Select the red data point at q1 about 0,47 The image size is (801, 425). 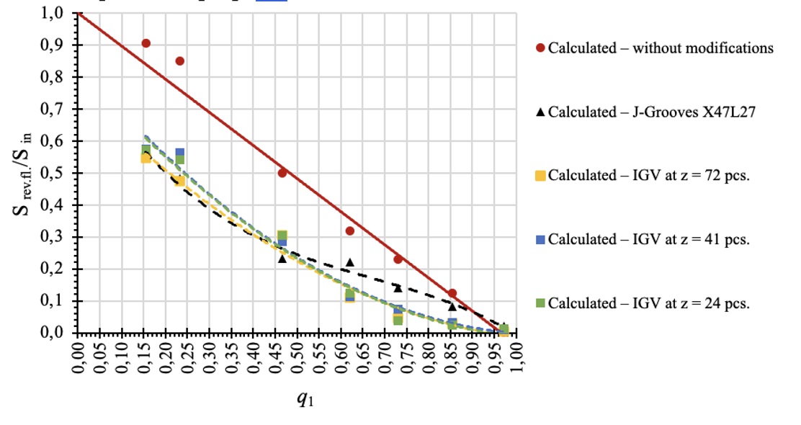282,173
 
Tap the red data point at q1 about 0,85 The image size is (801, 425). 452,293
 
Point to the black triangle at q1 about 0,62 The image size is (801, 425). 350,262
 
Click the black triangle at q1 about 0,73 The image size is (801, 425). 398,287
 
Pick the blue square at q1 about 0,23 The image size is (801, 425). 180,153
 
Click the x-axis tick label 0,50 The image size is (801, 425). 298,357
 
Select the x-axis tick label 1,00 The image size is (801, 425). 518,357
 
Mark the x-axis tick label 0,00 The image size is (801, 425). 79,357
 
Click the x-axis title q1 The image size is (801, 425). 305,398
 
